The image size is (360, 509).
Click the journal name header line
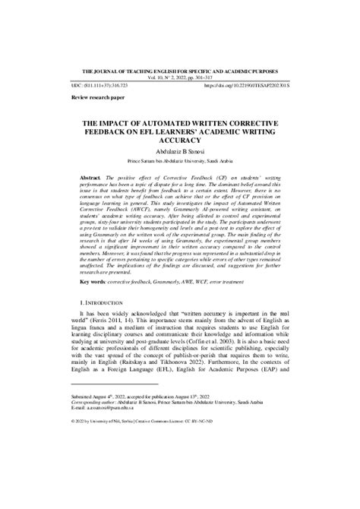[180, 68]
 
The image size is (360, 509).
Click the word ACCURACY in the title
[180, 141]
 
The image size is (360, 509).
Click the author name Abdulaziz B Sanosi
[180, 152]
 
